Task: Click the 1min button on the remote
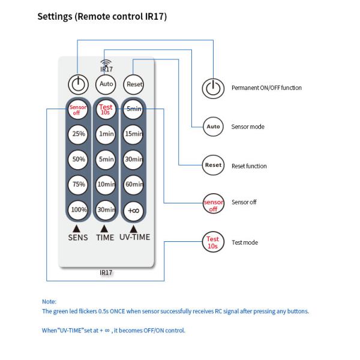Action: (x=106, y=134)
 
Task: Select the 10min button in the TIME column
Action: (x=106, y=184)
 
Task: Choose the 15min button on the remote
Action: (x=133, y=134)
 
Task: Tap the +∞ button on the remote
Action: (x=133, y=209)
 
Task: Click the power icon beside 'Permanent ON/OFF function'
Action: (x=212, y=88)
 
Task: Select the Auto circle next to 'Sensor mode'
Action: (x=213, y=127)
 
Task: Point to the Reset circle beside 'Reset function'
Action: (x=213, y=165)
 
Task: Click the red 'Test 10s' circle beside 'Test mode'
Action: (x=213, y=243)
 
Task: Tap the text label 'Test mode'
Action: (x=245, y=243)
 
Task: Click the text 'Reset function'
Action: (x=249, y=166)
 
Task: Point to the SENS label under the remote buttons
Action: (x=78, y=237)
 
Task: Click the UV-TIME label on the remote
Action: (x=134, y=237)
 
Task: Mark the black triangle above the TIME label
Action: (x=104, y=228)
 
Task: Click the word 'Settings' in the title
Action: (x=56, y=17)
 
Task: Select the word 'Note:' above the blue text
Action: (x=49, y=301)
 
